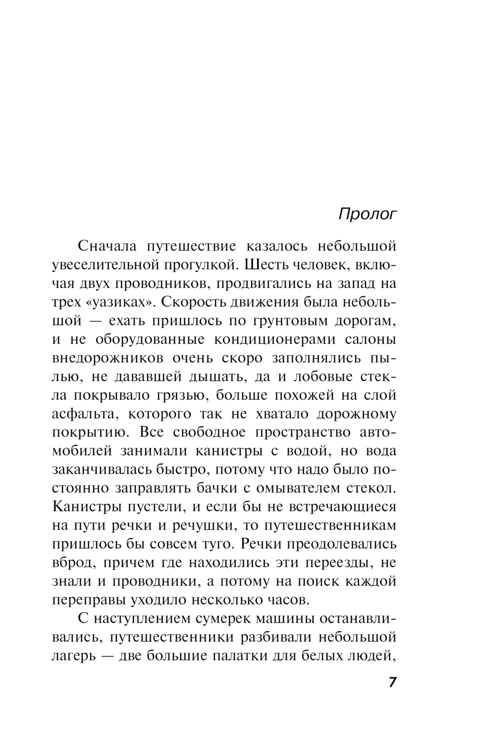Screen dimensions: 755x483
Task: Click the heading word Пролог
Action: [x=367, y=214]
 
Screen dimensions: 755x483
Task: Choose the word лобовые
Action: [x=322, y=377]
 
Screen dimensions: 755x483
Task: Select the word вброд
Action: [x=71, y=563]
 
